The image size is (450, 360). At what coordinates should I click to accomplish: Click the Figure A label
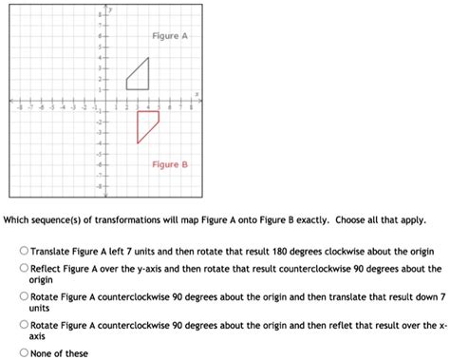coord(170,35)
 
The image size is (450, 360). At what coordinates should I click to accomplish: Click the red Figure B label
coord(170,164)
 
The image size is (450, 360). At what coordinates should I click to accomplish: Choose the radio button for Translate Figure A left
coord(24,252)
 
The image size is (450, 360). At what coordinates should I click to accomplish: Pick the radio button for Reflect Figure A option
coord(24,269)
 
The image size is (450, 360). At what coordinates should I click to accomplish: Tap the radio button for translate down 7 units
coord(24,296)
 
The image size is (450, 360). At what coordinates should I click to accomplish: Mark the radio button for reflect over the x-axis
coord(24,324)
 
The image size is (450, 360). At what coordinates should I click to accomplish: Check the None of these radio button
coord(24,352)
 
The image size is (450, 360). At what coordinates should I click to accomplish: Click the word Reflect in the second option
coord(47,269)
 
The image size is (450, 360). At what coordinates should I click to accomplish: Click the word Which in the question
coord(18,218)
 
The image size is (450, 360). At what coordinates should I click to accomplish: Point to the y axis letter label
coord(110,8)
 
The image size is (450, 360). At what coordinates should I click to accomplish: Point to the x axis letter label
coord(197,93)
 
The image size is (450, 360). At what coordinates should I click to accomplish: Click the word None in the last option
coord(41,352)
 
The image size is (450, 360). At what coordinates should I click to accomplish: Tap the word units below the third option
coord(39,308)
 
